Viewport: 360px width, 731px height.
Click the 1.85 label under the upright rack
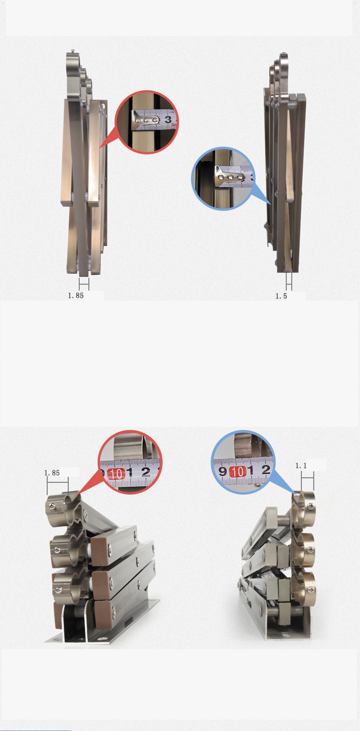(x=76, y=296)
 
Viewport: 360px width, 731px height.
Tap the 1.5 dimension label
(x=281, y=296)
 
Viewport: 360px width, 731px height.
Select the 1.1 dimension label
(x=301, y=465)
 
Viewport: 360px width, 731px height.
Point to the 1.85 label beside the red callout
(x=52, y=473)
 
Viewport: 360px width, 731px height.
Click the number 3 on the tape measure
(x=168, y=119)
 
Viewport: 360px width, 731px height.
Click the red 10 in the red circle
(x=116, y=474)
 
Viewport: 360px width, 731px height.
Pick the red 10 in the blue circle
(x=237, y=471)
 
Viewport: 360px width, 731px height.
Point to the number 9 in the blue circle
(x=222, y=471)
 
